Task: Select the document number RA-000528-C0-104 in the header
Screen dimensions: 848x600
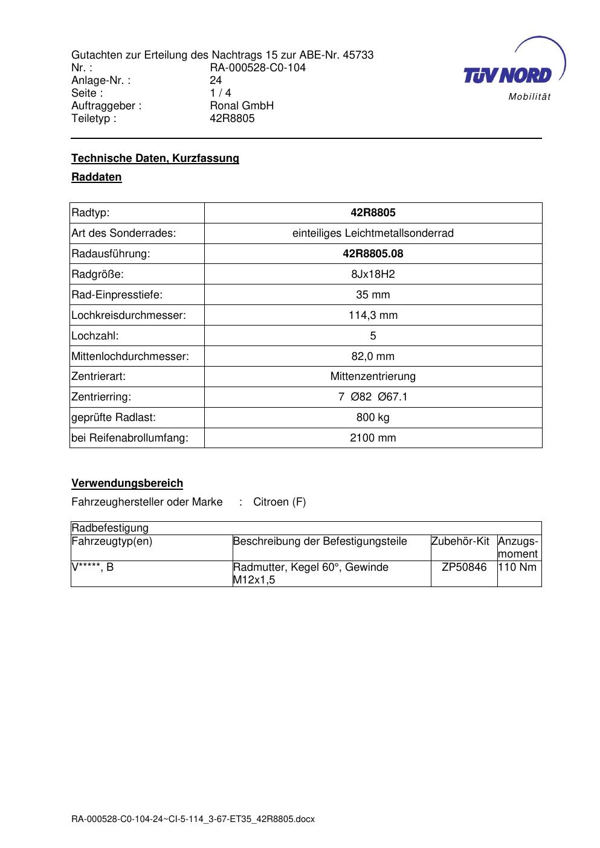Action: click(x=257, y=68)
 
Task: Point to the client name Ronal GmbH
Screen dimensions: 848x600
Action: click(x=242, y=106)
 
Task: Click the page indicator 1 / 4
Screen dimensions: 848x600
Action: click(x=220, y=93)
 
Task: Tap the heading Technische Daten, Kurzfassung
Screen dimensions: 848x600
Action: click(x=155, y=158)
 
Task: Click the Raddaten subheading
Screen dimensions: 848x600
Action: click(x=97, y=177)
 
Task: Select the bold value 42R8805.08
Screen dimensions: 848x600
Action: click(x=373, y=254)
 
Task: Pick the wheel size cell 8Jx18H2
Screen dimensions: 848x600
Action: click(x=373, y=274)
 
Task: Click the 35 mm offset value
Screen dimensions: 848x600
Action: click(x=373, y=295)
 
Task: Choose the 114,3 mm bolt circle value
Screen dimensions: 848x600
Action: click(x=373, y=315)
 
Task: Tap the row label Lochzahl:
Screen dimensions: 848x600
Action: click(x=95, y=336)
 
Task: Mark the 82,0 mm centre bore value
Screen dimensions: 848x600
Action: click(x=373, y=356)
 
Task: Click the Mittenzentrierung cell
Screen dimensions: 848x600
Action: click(x=373, y=376)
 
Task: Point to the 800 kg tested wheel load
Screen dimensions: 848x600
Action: click(x=373, y=417)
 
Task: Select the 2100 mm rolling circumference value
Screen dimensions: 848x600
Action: click(x=373, y=438)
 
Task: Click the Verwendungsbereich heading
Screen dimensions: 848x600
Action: click(x=127, y=483)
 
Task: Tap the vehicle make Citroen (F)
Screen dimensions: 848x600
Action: click(x=279, y=502)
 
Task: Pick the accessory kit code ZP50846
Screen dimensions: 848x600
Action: click(x=464, y=567)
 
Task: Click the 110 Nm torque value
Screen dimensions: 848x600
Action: click(x=518, y=567)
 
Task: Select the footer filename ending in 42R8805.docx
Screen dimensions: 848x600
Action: click(x=193, y=820)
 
